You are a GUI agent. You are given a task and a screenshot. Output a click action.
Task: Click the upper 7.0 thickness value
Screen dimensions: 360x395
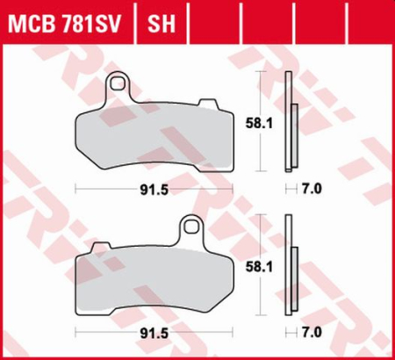[x=313, y=189]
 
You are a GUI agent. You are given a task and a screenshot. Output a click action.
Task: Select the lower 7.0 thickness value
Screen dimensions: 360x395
[x=313, y=333]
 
